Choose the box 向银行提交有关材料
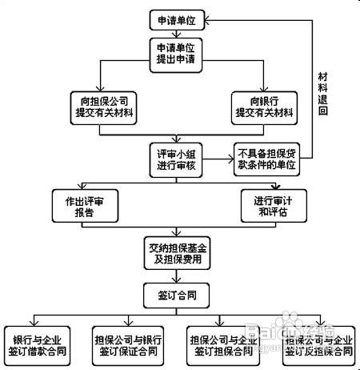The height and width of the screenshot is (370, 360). pyautogui.click(x=263, y=107)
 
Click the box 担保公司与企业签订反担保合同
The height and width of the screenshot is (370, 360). pyautogui.click(x=317, y=342)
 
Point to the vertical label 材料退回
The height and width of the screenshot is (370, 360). pyautogui.click(x=323, y=92)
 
